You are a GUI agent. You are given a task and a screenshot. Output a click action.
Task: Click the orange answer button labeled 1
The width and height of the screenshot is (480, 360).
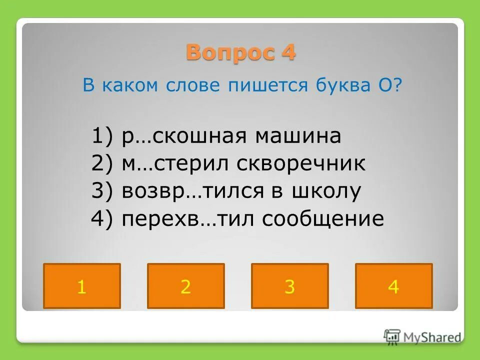coord(82,286)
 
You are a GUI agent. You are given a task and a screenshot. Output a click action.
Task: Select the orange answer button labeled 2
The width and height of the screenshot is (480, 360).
coord(186,286)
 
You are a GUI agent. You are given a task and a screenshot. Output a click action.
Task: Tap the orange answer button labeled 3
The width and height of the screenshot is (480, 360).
coord(290,286)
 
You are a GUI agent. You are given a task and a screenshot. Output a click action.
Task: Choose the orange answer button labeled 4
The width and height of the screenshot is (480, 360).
coord(394,286)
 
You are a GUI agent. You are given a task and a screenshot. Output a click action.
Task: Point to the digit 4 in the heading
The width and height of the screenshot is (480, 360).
coord(288,52)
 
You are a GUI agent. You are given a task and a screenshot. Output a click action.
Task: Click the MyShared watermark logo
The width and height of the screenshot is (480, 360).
coord(422,336)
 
